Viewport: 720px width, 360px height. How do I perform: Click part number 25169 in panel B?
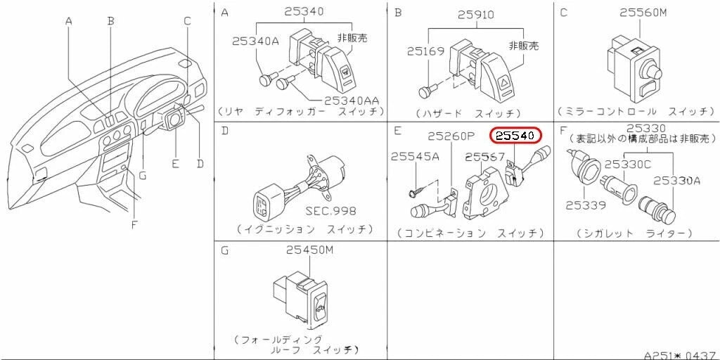coord(421,51)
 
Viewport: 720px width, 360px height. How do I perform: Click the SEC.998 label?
coord(330,210)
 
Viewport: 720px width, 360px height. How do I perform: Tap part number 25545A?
coord(415,157)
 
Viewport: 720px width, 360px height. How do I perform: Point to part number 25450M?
coord(309,251)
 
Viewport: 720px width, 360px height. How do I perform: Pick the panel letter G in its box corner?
coord(224,250)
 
